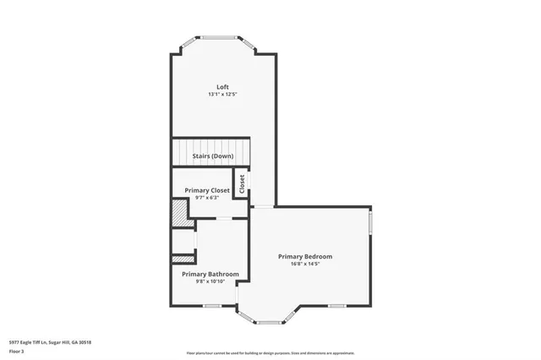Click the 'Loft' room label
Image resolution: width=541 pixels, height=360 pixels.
(222, 87)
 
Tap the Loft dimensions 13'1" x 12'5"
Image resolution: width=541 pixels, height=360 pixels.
(222, 95)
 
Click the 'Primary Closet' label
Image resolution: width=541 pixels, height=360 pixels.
(207, 190)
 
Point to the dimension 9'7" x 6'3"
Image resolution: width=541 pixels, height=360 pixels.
(207, 198)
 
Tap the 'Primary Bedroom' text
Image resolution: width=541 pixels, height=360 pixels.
(305, 256)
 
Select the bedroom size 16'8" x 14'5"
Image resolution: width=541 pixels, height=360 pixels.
(305, 264)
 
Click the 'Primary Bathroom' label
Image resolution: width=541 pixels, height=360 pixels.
(210, 274)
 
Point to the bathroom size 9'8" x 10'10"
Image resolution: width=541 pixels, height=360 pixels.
(210, 281)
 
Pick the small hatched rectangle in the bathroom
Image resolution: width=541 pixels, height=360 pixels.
(181, 259)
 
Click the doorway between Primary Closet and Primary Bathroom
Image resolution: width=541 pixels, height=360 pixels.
(224, 219)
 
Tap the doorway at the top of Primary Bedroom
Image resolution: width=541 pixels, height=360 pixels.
(264, 206)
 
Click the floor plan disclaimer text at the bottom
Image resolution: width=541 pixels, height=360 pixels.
(270, 352)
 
